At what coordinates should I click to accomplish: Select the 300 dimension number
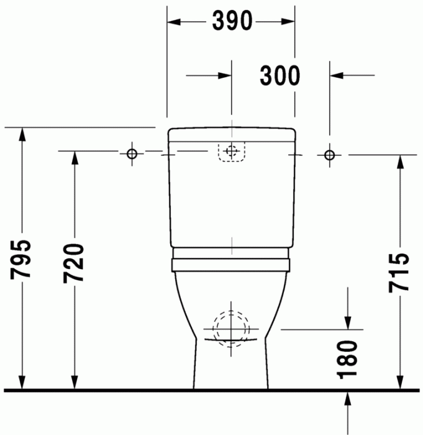pos(280,76)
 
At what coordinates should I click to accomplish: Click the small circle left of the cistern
pos(132,153)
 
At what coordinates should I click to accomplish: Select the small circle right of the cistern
pos(329,153)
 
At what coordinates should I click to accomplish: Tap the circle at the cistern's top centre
pos(232,151)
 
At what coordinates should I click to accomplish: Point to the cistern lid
pos(232,134)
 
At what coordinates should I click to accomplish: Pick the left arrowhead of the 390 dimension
pos(175,22)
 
